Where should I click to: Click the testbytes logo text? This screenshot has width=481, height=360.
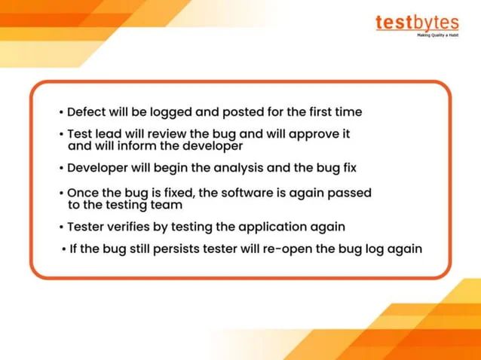(x=416, y=22)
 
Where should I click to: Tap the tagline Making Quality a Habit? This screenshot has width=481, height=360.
(x=438, y=35)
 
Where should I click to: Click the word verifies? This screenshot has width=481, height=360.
(x=134, y=227)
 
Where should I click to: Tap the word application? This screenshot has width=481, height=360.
(x=272, y=227)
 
